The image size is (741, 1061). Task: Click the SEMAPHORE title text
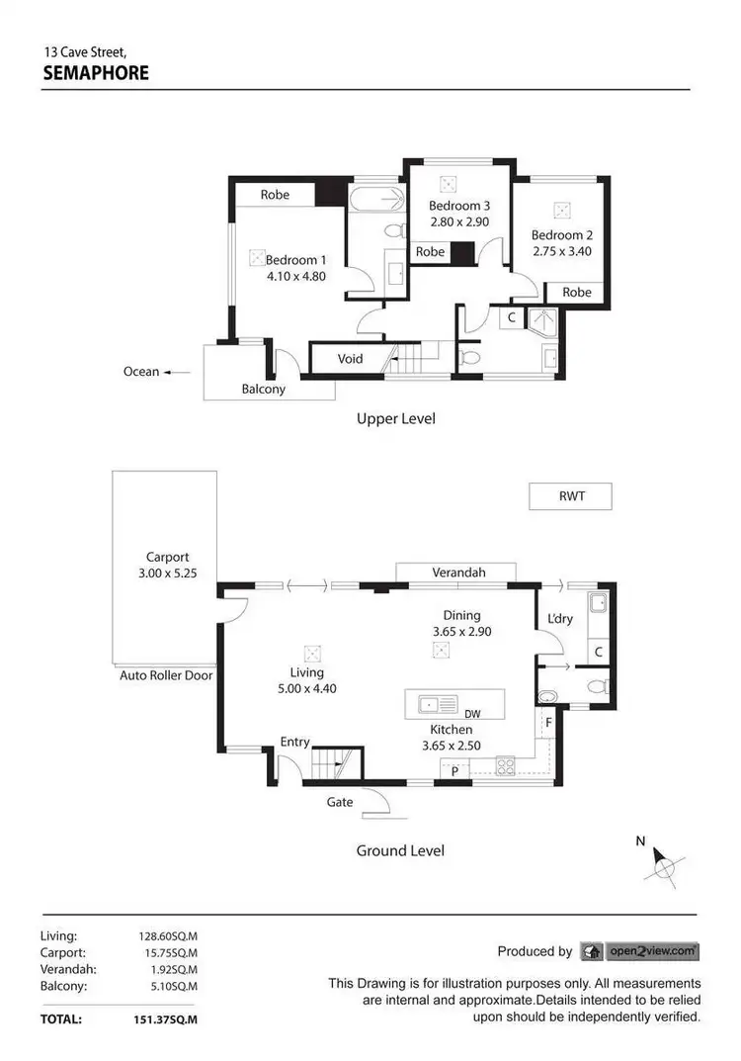(x=96, y=72)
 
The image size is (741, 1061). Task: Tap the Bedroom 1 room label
(x=295, y=260)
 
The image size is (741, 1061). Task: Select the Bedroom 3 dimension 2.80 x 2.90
(x=458, y=222)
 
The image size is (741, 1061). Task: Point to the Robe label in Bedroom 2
(x=577, y=292)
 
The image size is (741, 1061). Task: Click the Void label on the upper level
(x=351, y=359)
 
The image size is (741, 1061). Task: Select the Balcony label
(x=264, y=389)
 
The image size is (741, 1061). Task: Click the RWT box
(x=571, y=495)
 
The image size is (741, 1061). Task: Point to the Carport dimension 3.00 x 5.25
(x=166, y=573)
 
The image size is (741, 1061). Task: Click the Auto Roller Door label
(x=167, y=675)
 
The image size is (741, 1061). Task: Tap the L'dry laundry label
(x=560, y=620)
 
